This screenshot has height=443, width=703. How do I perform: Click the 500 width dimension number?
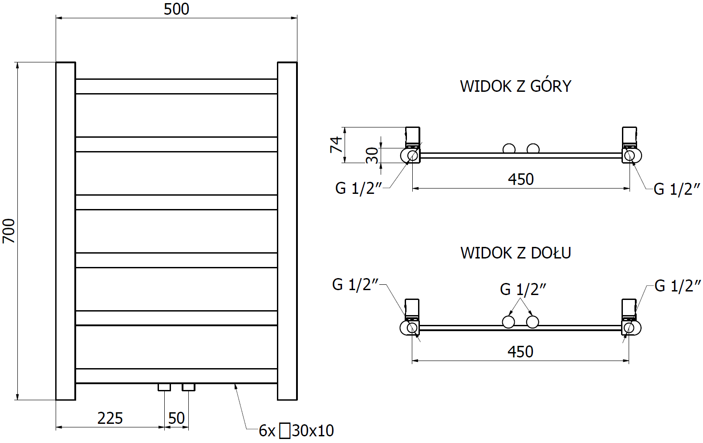coord(176,9)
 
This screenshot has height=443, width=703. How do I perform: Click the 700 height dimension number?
coord(9,231)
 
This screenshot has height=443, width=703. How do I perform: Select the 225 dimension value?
coord(110,418)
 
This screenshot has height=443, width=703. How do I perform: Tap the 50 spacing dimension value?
coord(176,418)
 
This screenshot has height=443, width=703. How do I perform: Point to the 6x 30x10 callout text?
coord(297,431)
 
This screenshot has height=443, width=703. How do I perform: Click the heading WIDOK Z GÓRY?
coord(516,86)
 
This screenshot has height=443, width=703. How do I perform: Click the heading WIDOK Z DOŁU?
coord(516,253)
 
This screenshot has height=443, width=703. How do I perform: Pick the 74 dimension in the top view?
coord(337,144)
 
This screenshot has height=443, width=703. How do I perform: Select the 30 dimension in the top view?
coord(372,155)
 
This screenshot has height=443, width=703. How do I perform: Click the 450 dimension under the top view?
coord(520,179)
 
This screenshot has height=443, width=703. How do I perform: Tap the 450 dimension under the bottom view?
coord(520,352)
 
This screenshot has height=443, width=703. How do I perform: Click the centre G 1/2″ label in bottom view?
coord(523,289)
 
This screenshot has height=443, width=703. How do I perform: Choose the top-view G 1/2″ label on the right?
coord(677,189)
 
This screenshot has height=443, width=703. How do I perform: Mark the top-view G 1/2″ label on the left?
coord(358,188)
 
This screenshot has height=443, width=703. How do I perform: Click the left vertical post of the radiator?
coord(65,231)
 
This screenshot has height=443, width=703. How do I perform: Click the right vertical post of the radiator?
coord(287,231)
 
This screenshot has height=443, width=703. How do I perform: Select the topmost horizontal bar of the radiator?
coord(176,86)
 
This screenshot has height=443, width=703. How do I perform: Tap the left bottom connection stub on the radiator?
coord(164,387)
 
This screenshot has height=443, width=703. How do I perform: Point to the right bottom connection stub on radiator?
coord(188,387)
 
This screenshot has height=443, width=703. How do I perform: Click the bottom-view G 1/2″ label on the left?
coord(355,284)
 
